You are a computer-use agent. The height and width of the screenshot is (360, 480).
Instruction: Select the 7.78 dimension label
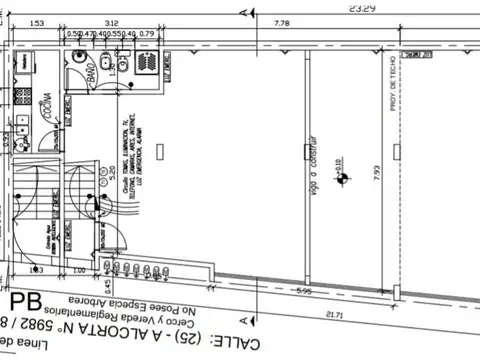(281, 23)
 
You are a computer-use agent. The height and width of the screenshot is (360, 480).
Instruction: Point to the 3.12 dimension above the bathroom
(111, 23)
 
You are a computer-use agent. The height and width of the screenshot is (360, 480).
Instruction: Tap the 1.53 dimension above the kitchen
(37, 23)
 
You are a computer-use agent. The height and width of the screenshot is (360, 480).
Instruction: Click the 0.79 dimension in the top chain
(147, 34)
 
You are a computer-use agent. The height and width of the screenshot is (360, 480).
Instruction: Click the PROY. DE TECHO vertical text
(392, 85)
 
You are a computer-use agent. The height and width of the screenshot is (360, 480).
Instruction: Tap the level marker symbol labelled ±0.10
(342, 177)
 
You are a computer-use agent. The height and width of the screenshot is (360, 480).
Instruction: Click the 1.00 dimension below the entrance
(79, 270)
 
